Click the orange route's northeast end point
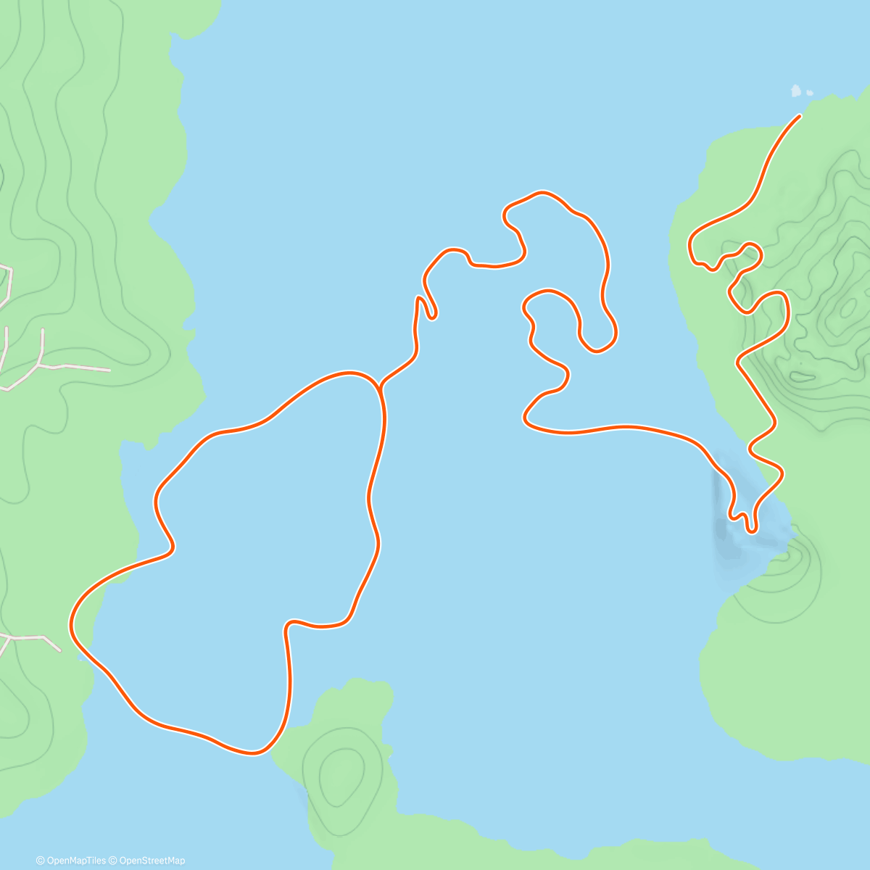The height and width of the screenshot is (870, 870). [799, 116]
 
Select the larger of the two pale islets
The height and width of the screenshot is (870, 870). [796, 91]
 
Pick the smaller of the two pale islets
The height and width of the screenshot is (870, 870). [809, 93]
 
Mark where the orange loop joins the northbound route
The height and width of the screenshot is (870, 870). [379, 388]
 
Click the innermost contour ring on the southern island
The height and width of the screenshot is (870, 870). [341, 776]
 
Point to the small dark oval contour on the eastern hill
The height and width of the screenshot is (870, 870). [803, 376]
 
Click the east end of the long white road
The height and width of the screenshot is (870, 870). [109, 370]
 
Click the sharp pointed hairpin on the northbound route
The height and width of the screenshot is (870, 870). [419, 298]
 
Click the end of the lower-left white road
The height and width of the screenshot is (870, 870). [60, 650]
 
